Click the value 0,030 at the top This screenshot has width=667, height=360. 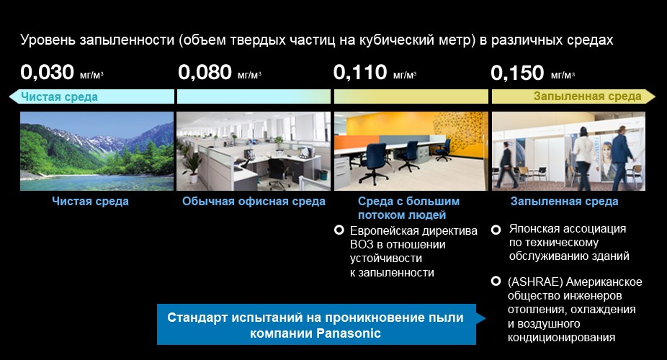(48, 72)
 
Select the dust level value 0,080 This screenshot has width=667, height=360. (205, 72)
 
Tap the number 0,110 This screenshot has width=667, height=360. (360, 72)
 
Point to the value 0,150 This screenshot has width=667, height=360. (517, 73)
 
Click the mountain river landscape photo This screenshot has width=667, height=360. (97, 151)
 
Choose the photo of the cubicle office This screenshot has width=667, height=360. (254, 151)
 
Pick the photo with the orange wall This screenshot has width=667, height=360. (411, 151)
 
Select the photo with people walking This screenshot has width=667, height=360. (569, 151)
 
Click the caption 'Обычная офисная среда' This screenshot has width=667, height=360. (254, 202)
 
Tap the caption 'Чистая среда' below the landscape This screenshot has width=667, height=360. (90, 202)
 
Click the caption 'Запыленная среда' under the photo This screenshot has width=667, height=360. (565, 202)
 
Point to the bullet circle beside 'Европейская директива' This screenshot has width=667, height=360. (339, 230)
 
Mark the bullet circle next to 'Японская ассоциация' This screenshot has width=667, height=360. (496, 230)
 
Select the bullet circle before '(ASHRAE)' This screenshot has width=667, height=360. (496, 282)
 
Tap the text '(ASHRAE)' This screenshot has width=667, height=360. (536, 282)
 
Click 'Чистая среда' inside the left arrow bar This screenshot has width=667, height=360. (60, 97)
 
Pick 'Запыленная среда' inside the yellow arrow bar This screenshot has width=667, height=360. (588, 96)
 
